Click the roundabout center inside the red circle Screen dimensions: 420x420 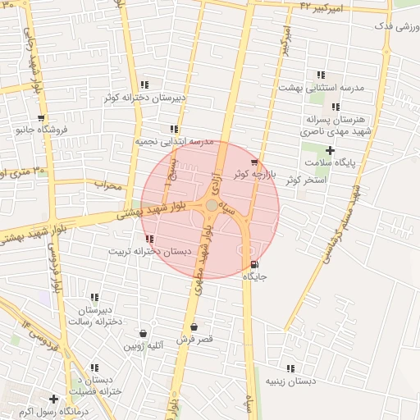click(212, 205)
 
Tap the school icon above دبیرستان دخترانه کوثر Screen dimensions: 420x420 click(144, 84)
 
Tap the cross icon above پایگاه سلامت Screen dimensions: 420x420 click(330, 150)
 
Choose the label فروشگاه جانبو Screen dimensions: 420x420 click(45, 129)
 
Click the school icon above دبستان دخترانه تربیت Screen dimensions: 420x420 click(148, 239)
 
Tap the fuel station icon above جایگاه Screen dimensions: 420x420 click(253, 265)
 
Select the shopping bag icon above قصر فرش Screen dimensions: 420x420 click(194, 326)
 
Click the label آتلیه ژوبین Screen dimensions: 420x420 click(144, 346)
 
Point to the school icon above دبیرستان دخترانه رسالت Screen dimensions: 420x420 click(94, 297)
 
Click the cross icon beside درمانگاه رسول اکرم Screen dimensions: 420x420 click(53, 399)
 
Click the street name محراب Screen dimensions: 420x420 click(107, 185)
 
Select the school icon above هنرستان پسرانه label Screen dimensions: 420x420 click(335, 107)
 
